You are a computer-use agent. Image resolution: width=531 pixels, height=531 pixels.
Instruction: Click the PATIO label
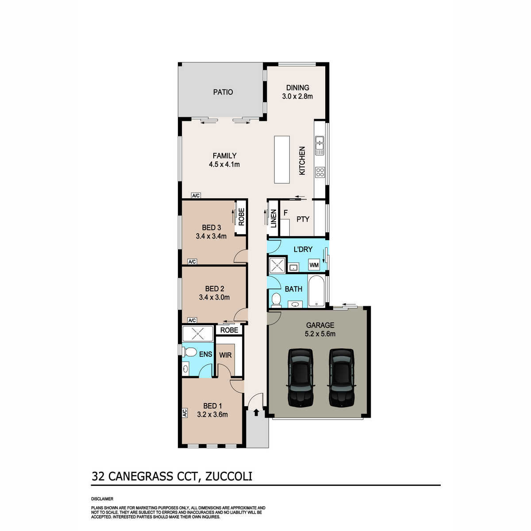tap(223, 92)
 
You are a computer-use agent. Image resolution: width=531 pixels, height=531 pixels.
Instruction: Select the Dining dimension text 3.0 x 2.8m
tap(297, 96)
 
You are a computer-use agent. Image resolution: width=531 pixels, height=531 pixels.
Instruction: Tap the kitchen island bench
tap(281, 160)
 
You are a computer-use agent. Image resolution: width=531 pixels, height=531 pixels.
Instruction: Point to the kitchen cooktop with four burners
tap(320, 172)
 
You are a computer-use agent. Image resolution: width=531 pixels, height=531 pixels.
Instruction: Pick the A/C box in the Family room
tap(196, 196)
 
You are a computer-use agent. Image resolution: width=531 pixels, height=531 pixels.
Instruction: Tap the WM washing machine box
tap(314, 265)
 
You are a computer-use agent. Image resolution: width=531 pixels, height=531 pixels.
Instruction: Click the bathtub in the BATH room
tap(317, 291)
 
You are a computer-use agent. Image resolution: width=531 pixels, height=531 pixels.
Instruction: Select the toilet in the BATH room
tap(276, 300)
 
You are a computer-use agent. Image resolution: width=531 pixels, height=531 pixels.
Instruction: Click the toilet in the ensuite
tap(189, 352)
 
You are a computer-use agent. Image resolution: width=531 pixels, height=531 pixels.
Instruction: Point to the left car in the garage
tap(300, 378)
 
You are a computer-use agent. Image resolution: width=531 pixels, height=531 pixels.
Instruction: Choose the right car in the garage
tap(342, 378)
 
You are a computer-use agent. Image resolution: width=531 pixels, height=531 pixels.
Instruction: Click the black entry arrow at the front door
tap(256, 412)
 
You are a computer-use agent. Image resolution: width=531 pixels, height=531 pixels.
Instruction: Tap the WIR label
tap(225, 355)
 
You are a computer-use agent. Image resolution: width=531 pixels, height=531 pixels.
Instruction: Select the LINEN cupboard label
tap(273, 219)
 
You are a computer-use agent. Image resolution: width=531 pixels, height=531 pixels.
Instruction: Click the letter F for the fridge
tap(285, 213)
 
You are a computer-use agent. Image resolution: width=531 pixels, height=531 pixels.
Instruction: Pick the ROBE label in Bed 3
tap(242, 217)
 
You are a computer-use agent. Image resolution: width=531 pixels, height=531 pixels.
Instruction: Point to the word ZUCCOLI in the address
tap(229, 476)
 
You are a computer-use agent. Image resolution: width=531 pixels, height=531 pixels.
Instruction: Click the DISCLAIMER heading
tap(102, 499)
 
